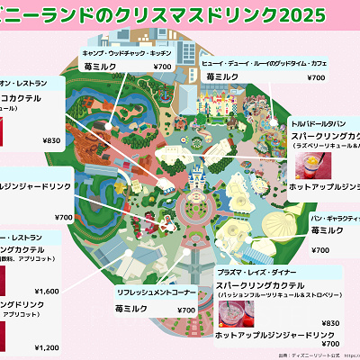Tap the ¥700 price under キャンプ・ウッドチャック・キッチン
[x=162, y=67]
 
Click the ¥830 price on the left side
[x=51, y=140]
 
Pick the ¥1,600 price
[x=47, y=291]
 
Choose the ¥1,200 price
[x=47, y=347]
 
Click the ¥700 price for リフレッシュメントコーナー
[x=186, y=310]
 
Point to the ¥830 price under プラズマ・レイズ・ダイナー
[x=330, y=323]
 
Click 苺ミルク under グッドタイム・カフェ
[x=220, y=77]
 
